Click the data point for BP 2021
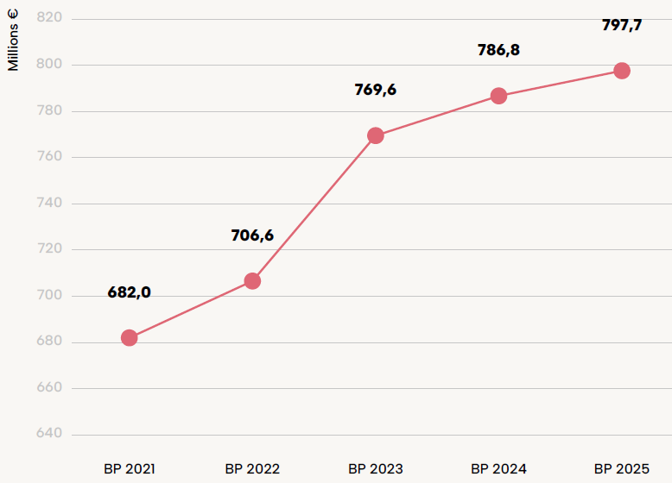tap(130, 337)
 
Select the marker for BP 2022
tap(252, 281)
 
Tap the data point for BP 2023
tap(376, 135)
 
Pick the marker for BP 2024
tap(498, 96)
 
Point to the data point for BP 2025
tap(622, 71)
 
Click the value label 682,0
tap(130, 292)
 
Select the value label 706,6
tap(252, 235)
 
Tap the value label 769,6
tap(376, 90)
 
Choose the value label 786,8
tap(498, 50)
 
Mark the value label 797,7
tap(622, 25)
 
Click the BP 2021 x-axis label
tap(130, 469)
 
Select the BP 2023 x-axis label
tap(376, 469)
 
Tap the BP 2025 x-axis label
tap(622, 469)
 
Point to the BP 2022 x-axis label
tap(252, 469)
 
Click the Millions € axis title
tap(14, 42)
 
